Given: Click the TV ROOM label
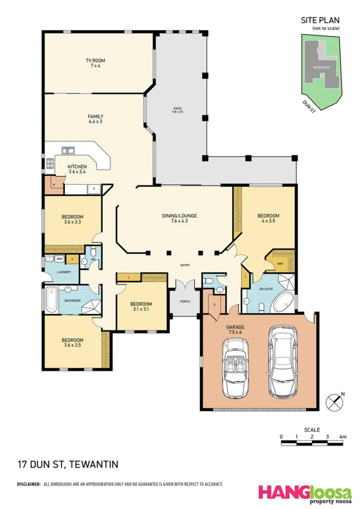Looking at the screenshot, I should click(x=95, y=60).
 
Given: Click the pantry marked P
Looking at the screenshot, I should click(x=54, y=185).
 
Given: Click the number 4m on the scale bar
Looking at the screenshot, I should click(x=343, y=437).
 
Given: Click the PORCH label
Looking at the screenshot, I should click(x=185, y=302).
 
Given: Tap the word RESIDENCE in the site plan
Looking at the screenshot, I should click(x=321, y=67).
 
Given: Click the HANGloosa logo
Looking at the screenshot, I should click(x=304, y=493).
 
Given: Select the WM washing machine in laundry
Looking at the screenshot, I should click(x=59, y=259).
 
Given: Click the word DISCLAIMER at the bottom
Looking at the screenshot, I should click(x=29, y=484).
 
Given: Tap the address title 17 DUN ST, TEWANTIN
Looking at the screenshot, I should click(x=67, y=464).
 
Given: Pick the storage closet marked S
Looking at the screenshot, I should click(x=214, y=305).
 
